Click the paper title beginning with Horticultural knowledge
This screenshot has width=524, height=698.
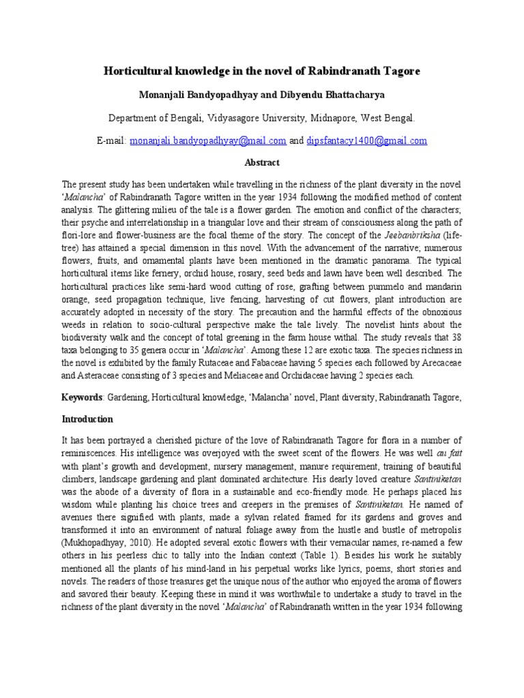click(262, 70)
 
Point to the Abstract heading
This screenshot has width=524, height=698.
click(262, 164)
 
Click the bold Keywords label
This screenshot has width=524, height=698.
click(82, 397)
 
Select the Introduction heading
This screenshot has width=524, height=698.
click(87, 419)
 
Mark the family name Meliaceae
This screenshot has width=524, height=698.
click(270, 375)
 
